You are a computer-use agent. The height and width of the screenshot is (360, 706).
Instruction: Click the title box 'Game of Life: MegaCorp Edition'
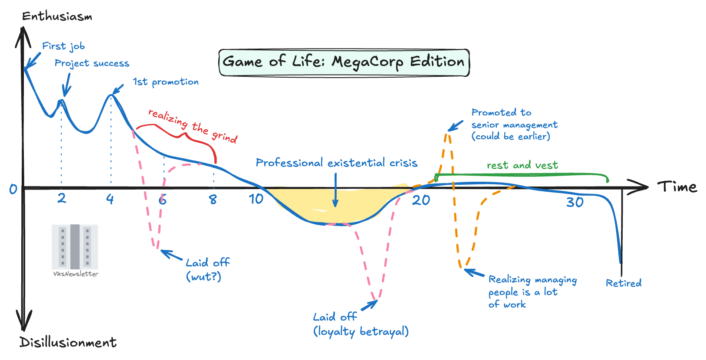click(344, 62)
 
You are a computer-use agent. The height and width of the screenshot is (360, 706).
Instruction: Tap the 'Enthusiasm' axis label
click(57, 16)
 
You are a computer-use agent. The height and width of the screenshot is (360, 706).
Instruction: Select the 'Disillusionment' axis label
click(68, 342)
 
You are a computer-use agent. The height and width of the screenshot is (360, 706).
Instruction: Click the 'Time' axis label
click(677, 187)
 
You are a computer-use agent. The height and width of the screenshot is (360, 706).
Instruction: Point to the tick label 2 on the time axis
click(62, 198)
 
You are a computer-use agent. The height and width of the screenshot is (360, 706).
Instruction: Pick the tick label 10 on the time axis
click(256, 199)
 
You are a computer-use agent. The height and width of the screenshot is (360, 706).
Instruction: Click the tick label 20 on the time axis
click(421, 200)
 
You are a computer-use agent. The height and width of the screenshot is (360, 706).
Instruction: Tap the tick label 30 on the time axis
click(575, 202)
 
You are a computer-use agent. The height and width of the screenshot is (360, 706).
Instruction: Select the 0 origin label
click(13, 189)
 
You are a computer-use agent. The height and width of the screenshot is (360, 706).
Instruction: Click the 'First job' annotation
click(63, 46)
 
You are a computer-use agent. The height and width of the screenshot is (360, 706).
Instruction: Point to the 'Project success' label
click(92, 63)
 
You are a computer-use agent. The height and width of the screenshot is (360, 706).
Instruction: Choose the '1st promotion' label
click(166, 82)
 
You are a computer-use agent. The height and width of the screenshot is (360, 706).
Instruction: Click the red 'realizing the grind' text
click(193, 126)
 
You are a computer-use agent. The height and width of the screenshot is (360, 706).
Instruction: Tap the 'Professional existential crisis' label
click(336, 163)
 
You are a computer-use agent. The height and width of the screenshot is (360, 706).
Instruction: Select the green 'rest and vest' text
click(522, 165)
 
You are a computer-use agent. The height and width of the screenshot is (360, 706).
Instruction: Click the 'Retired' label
click(624, 283)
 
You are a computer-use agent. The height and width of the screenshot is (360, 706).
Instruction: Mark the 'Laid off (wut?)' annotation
click(207, 269)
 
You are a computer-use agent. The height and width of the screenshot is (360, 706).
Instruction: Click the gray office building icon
click(75, 247)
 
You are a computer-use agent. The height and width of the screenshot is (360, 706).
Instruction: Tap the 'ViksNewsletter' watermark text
click(76, 274)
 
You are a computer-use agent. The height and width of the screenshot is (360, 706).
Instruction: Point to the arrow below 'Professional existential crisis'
click(335, 191)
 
